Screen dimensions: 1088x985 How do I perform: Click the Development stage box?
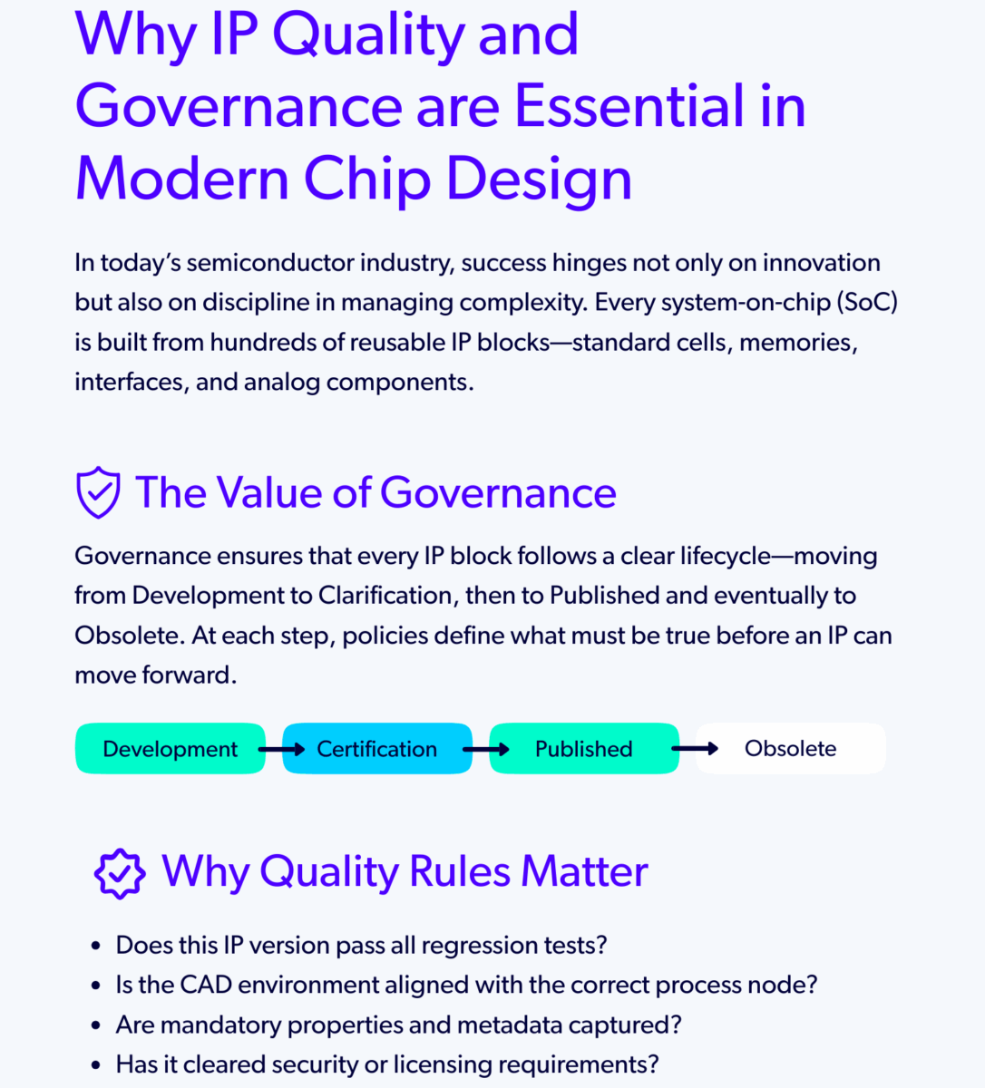tap(170, 749)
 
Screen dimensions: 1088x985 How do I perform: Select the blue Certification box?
tap(376, 749)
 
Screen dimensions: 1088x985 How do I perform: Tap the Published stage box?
tap(583, 749)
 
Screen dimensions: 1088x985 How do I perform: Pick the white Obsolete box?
tap(790, 749)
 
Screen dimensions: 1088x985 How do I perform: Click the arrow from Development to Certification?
tap(281, 750)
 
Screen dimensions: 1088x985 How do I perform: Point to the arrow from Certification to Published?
tap(486, 750)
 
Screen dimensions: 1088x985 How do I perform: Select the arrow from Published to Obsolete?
tap(695, 749)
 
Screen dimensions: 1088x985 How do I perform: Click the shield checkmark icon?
tap(98, 492)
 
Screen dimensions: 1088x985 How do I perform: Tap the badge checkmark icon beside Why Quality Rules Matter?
tap(120, 873)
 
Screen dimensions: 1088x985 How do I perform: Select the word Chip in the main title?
tap(366, 179)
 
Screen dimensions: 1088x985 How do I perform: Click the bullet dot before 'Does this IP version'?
tap(96, 947)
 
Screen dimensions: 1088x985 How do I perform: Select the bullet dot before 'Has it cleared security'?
tap(96, 1065)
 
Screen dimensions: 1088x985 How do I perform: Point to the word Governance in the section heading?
tap(498, 493)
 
